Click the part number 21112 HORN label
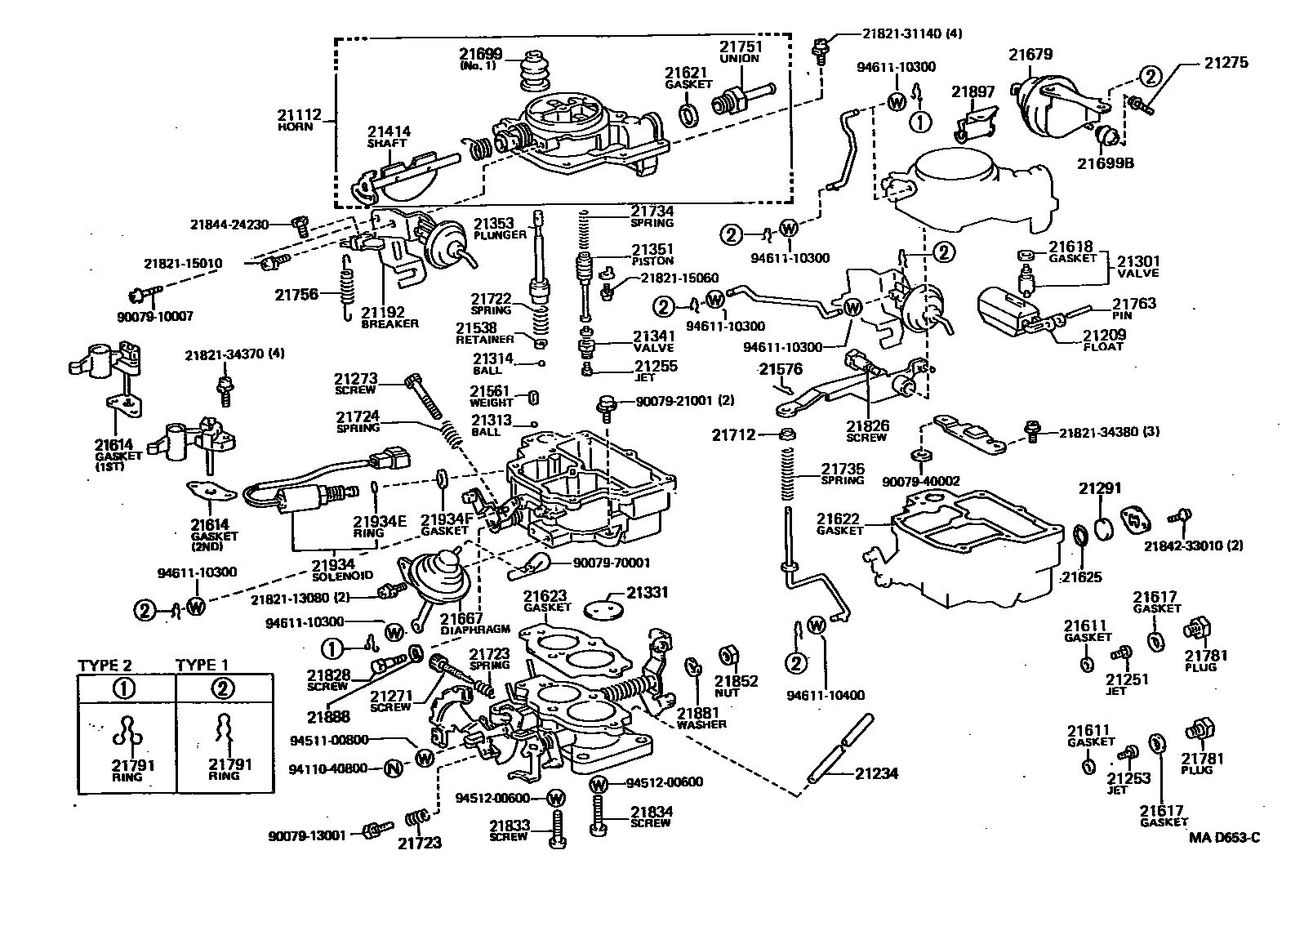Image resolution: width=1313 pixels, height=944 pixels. coord(300,119)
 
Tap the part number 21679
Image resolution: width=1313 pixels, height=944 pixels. coord(1030,55)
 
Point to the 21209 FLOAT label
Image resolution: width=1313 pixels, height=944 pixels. coord(1104,339)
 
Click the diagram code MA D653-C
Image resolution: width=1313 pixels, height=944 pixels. coord(1224,836)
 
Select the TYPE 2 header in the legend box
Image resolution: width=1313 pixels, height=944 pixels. coord(105,665)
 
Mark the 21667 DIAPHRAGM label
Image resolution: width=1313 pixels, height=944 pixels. coord(463,623)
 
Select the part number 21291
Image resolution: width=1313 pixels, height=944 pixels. coord(1100,488)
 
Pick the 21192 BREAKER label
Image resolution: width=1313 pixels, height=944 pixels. coord(389,316)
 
